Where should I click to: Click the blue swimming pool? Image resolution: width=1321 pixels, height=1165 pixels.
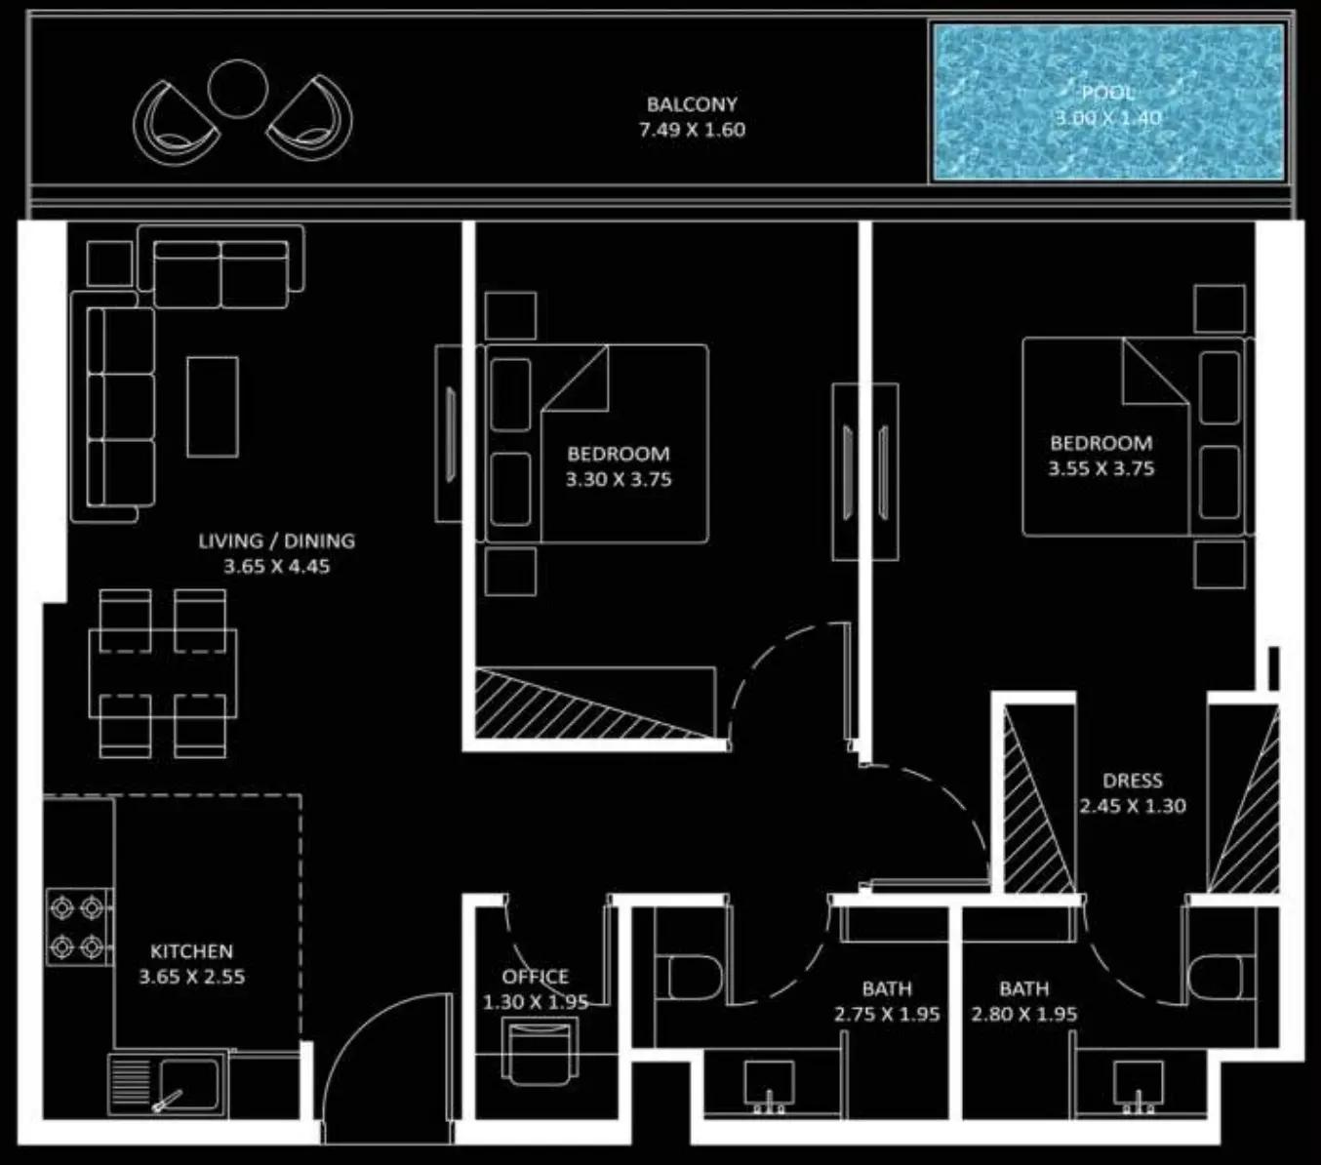[1108, 101]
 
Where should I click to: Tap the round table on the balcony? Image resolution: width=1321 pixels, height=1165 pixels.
[237, 90]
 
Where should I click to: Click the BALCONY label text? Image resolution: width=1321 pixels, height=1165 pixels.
[692, 104]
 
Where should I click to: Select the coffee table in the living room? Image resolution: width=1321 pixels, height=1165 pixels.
[213, 407]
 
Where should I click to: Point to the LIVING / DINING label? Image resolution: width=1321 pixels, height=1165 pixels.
[277, 541]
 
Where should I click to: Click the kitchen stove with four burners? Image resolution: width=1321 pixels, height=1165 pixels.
[78, 926]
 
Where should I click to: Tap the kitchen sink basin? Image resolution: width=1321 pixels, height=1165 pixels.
[189, 1084]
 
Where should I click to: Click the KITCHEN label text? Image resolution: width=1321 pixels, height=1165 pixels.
[191, 951]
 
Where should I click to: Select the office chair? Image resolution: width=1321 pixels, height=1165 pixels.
[540, 1054]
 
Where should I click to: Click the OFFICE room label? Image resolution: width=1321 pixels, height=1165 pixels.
[536, 977]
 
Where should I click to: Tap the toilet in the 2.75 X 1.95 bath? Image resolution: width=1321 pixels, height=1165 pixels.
[689, 978]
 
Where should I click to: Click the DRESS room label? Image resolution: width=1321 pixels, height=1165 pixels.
[1133, 781]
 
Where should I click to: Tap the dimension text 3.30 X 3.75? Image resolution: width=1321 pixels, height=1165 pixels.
[619, 480]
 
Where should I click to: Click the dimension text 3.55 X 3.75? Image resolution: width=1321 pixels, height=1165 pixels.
[1101, 469]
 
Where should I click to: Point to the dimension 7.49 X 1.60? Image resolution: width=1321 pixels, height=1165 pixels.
[692, 130]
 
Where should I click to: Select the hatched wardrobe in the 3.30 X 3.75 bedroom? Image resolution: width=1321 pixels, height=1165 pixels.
[595, 703]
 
